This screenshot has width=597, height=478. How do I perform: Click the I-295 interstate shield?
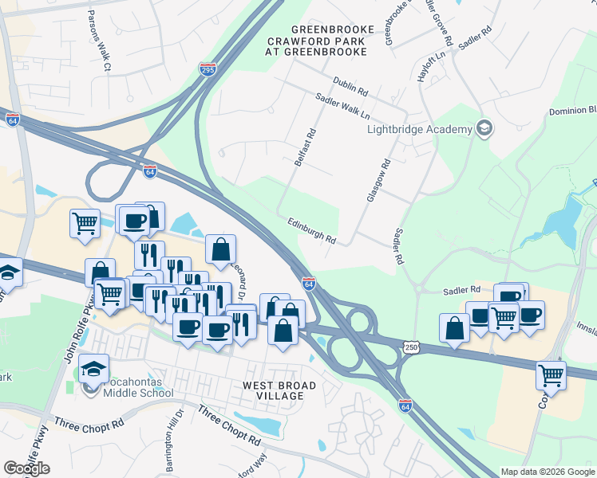pyautogui.click(x=208, y=69)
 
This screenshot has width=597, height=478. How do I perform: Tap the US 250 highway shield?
pyautogui.click(x=411, y=347)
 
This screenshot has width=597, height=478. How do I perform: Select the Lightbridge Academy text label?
pyautogui.click(x=418, y=129)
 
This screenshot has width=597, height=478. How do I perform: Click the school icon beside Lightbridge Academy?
pyautogui.click(x=484, y=128)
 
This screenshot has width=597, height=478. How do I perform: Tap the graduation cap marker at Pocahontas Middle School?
pyautogui.click(x=94, y=368)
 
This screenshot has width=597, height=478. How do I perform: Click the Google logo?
pyautogui.click(x=26, y=468)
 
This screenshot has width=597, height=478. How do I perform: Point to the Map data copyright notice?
pyautogui.click(x=547, y=472)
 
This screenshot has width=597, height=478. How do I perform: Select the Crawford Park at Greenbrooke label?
pyautogui.click(x=316, y=45)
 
